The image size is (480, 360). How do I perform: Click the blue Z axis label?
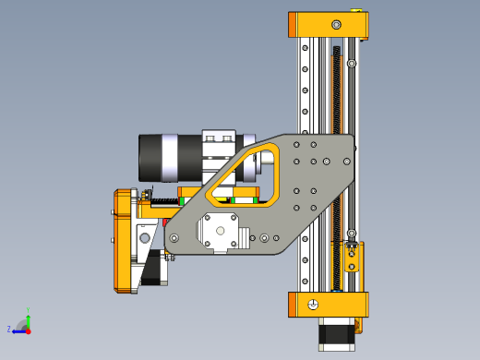point(9,329)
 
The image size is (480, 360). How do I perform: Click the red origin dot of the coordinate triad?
point(28,330)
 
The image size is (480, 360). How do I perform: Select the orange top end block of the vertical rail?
point(328,26)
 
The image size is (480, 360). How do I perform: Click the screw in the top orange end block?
point(336,24)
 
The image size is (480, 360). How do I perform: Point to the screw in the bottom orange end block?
point(314,305)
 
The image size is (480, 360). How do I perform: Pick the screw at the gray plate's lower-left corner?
point(174,238)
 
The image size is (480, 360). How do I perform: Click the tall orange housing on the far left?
point(125,240)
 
